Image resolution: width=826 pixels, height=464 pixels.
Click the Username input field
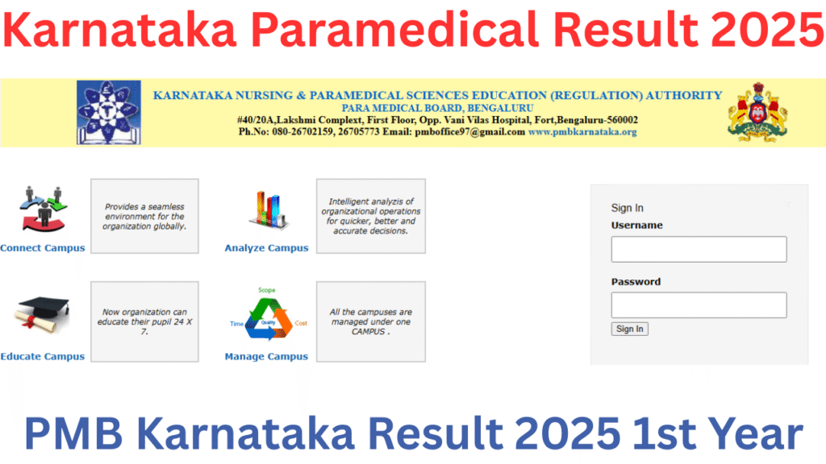coord(699,249)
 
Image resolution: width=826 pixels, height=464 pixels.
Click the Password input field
coord(699,305)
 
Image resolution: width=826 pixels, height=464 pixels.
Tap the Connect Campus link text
coord(42,248)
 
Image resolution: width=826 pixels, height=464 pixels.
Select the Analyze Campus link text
coord(266,248)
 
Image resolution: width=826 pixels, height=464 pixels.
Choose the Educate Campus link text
coord(42,357)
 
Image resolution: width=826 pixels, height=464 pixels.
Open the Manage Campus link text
coord(266,357)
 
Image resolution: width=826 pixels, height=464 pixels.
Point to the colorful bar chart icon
coord(266,210)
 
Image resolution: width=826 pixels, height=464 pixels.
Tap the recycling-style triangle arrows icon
coord(266,319)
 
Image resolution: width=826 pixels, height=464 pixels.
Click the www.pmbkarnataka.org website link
coord(582,131)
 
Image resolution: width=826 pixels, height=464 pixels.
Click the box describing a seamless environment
coord(144,217)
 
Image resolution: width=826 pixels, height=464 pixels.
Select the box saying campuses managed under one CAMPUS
coord(370,321)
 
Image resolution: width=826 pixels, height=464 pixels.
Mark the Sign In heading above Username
coord(628,208)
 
